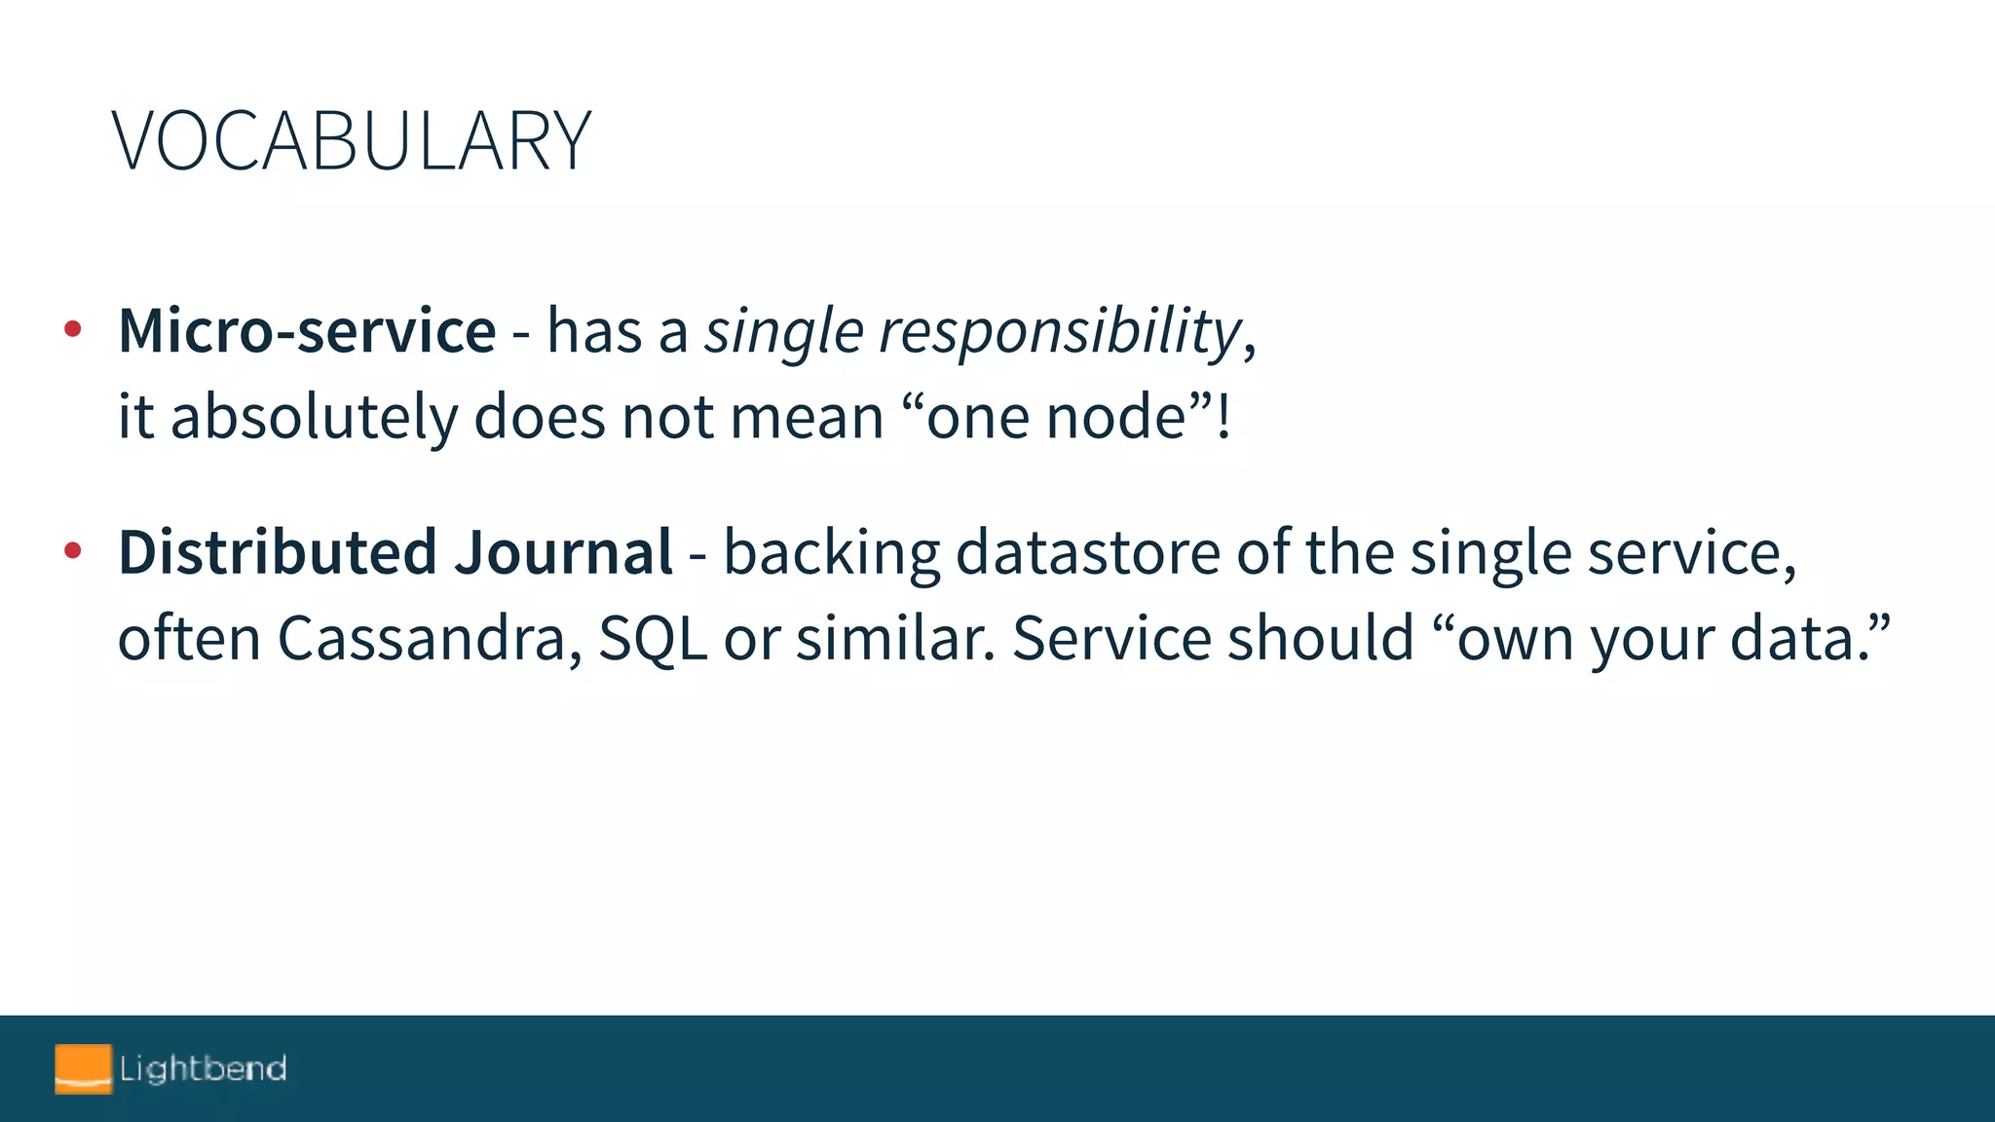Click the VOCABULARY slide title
[352, 142]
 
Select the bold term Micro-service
[307, 331]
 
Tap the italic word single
[784, 331]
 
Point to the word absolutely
[314, 417]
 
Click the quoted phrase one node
[1056, 417]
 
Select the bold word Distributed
[278, 552]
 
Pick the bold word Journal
[563, 552]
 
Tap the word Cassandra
[430, 639]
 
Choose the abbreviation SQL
[653, 639]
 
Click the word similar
[896, 639]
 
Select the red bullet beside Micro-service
[72, 330]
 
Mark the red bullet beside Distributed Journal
[72, 551]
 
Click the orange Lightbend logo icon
[83, 1068]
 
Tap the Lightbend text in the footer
[203, 1068]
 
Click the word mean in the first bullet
[807, 417]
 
